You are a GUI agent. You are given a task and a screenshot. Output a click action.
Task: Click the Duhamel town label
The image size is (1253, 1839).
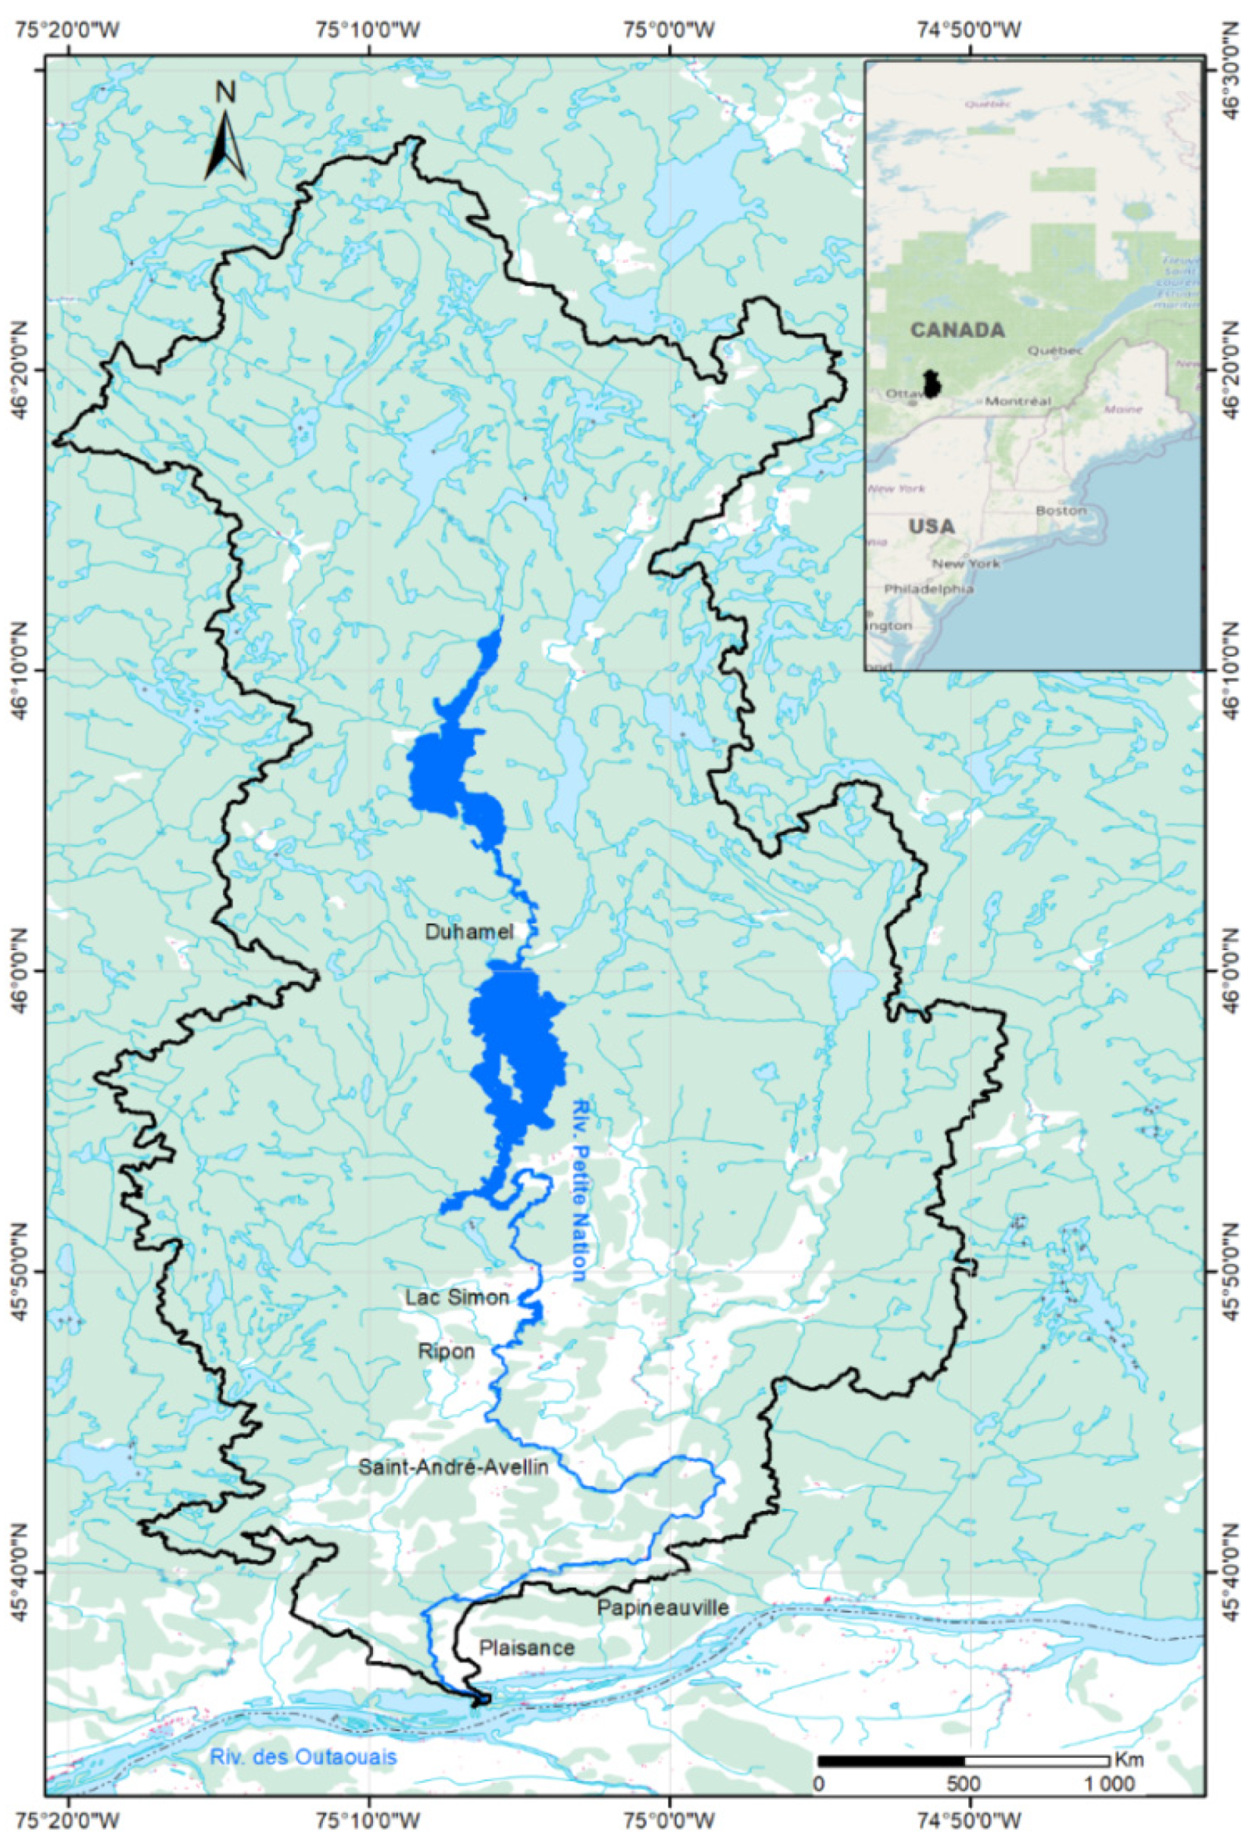coord(469,931)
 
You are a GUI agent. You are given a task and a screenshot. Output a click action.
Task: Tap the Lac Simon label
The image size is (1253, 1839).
coord(457,1297)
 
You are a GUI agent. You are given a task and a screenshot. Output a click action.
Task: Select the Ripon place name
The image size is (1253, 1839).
coord(446,1351)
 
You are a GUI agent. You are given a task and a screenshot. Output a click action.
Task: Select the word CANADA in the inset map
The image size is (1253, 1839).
coord(957,330)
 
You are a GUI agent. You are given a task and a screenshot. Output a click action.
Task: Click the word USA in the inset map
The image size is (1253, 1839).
coord(931,526)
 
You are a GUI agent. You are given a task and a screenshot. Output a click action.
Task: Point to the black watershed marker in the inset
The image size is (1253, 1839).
coord(933,384)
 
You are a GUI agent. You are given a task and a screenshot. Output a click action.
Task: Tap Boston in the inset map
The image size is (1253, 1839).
coord(1060,510)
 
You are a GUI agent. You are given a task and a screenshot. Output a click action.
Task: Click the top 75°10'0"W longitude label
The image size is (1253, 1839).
coord(368,31)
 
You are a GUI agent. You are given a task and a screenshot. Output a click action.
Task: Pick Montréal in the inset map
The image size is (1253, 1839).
coord(1018,401)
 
